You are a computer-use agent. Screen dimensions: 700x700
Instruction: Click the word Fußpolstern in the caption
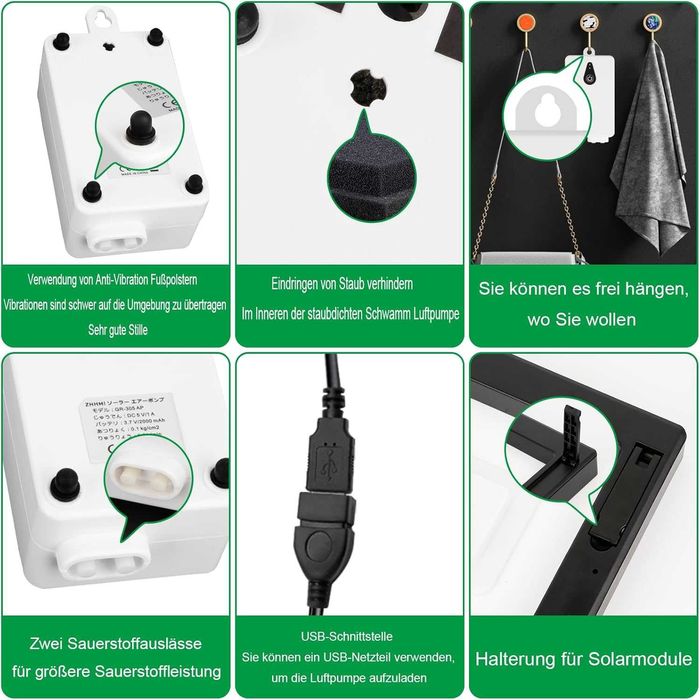(190, 280)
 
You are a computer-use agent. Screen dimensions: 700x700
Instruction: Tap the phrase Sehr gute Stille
(117, 328)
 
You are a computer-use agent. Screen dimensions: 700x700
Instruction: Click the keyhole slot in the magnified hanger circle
(547, 113)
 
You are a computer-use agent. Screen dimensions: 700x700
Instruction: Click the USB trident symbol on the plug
(329, 464)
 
